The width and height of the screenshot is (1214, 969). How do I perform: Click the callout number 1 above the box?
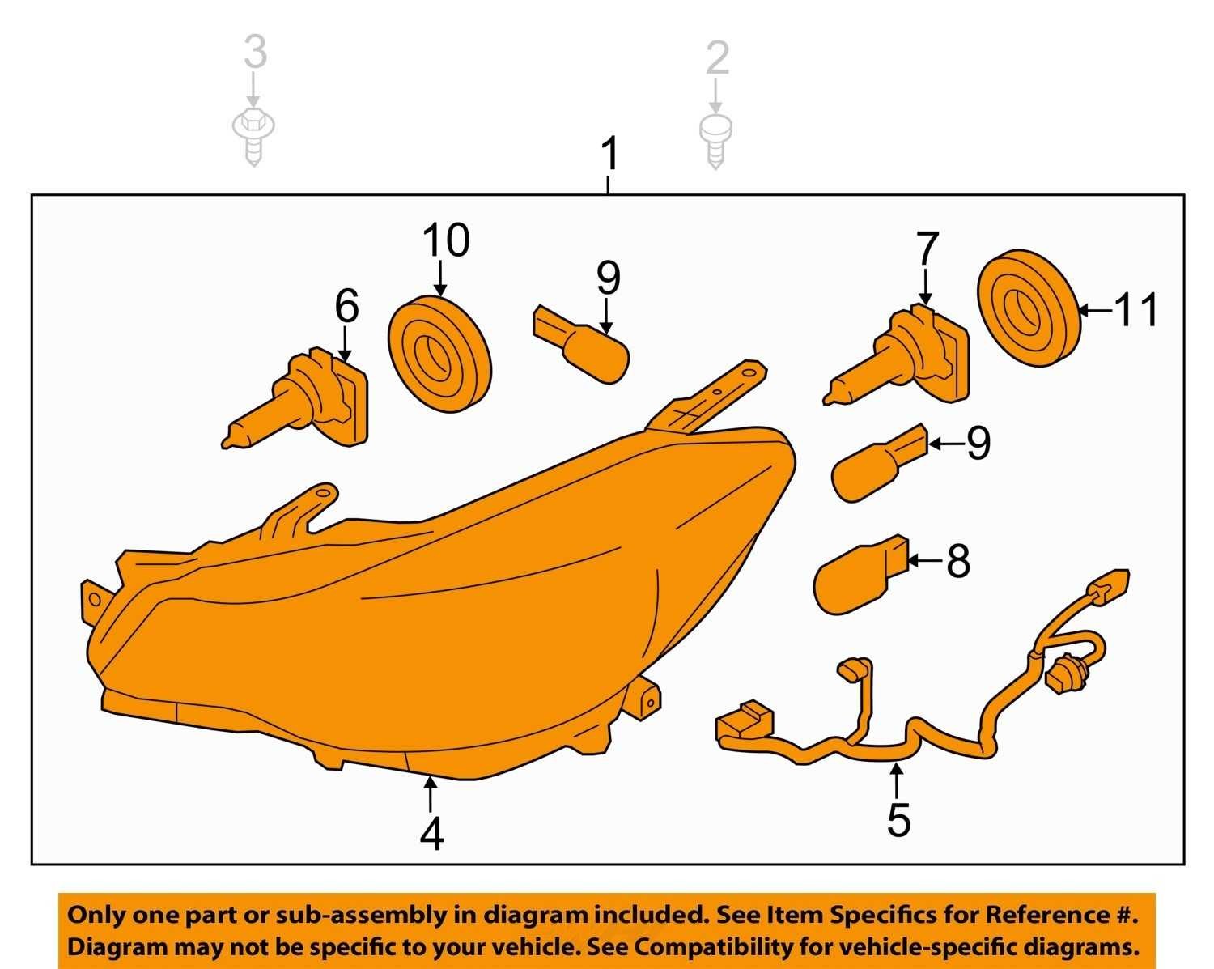point(609,154)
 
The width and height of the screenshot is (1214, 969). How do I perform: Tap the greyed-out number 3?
point(255,51)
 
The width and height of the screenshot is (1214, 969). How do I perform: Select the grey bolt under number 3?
point(253,136)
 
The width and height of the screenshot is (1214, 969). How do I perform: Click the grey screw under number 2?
point(715,141)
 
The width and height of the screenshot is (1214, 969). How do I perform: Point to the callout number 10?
point(446,240)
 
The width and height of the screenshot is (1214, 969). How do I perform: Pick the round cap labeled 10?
point(440,354)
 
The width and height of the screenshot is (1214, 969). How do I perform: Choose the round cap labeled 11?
point(1029,308)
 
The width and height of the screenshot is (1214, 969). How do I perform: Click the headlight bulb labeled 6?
point(296,397)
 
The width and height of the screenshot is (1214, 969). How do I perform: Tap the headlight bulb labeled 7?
point(897,355)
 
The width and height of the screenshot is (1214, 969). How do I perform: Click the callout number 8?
point(958,561)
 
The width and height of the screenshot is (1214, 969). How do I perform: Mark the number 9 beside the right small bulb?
point(978,443)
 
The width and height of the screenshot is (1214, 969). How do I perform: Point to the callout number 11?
point(1135,309)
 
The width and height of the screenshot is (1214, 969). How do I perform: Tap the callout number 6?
point(346,305)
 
